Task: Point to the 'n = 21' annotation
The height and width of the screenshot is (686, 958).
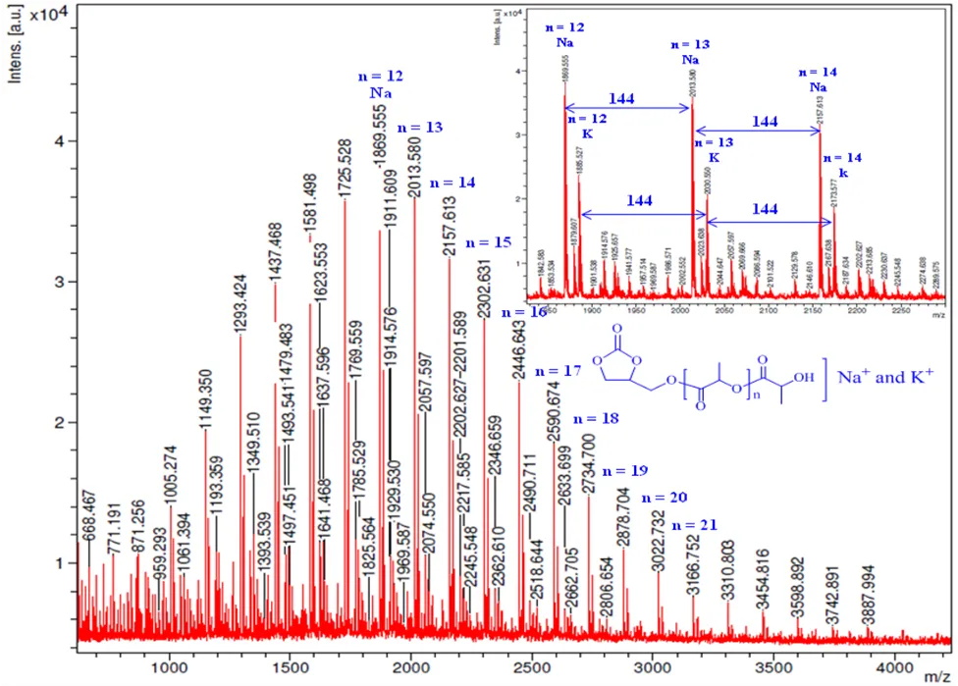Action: pyautogui.click(x=696, y=524)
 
